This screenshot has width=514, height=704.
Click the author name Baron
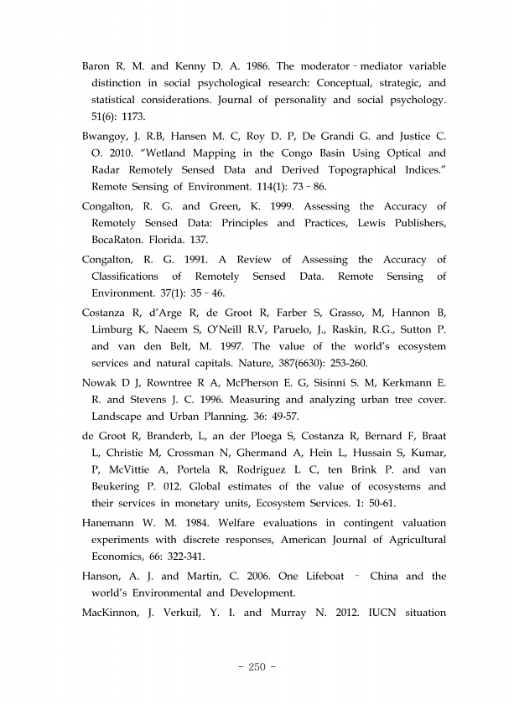point(97,66)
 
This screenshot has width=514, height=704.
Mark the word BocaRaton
point(117,241)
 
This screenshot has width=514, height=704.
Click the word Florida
point(172,241)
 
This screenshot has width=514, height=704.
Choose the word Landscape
point(117,416)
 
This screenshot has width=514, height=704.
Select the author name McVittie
point(140,469)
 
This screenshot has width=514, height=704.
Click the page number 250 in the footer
point(257,667)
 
